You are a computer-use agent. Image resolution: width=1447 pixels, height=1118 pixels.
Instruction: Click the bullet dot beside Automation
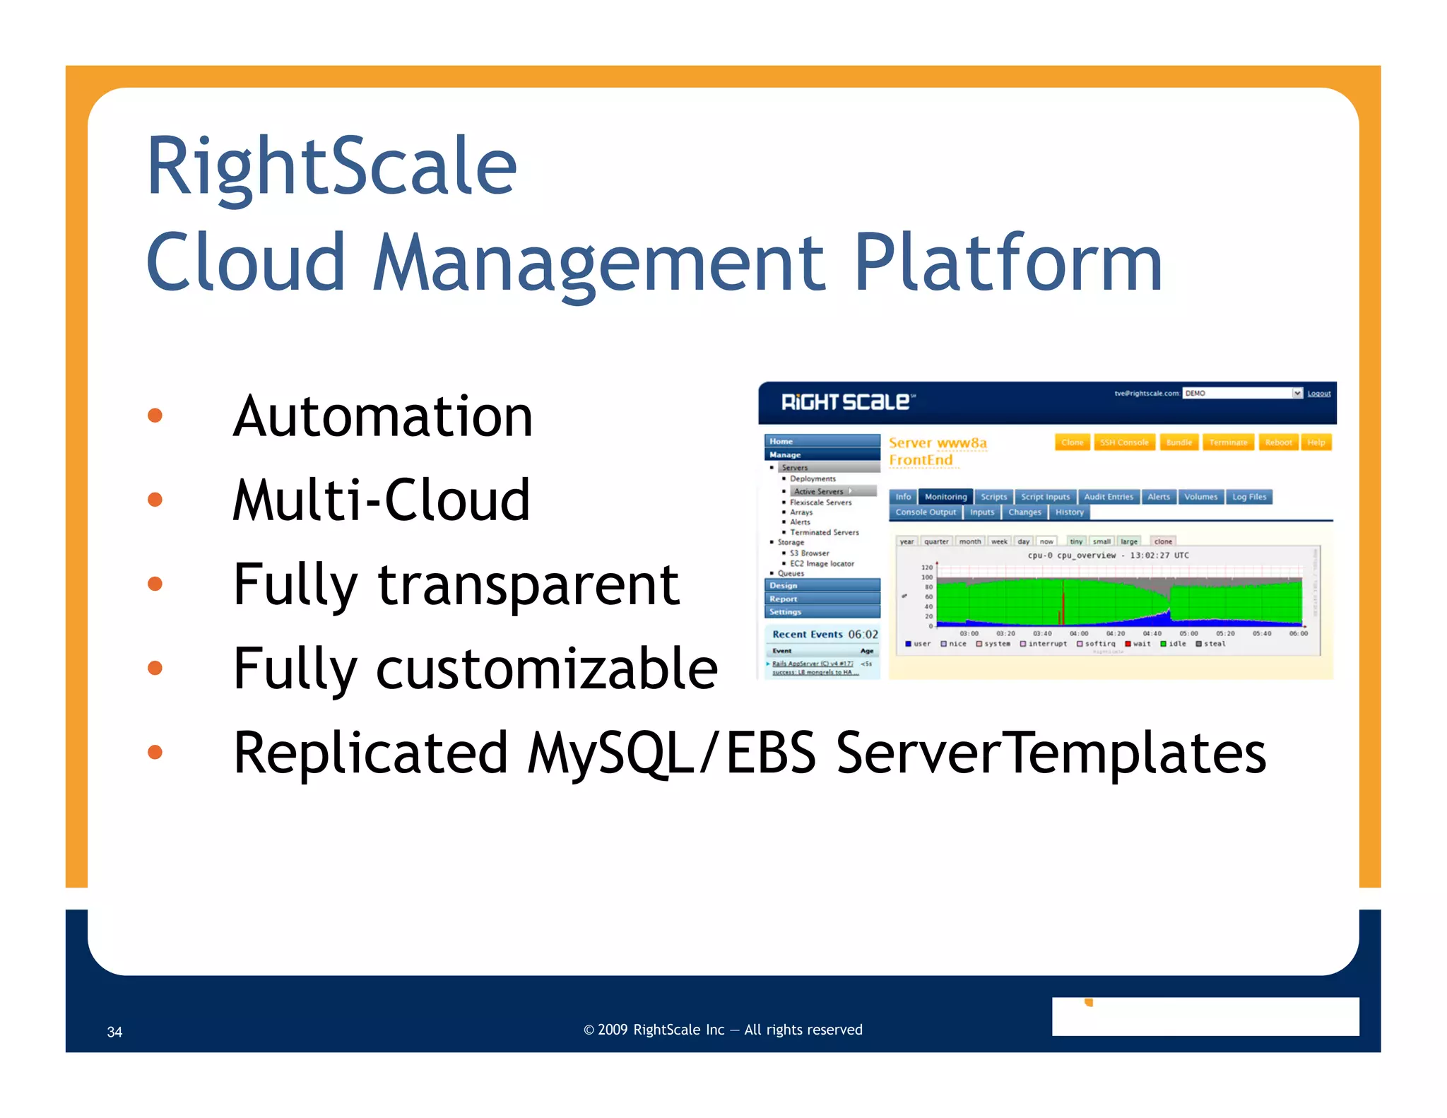pyautogui.click(x=155, y=416)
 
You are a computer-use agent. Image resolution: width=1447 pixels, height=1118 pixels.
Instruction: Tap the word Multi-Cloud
pyautogui.click(x=382, y=500)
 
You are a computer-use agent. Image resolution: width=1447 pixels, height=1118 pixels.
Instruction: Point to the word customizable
pyautogui.click(x=547, y=669)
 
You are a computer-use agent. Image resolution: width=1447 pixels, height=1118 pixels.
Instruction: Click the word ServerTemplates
pyautogui.click(x=1051, y=753)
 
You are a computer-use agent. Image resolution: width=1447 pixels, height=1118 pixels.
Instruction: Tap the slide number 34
pyautogui.click(x=114, y=1032)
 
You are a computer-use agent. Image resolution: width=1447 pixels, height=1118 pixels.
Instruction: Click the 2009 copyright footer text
pyautogui.click(x=723, y=1030)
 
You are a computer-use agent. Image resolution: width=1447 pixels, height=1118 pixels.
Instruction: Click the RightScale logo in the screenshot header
pyautogui.click(x=847, y=402)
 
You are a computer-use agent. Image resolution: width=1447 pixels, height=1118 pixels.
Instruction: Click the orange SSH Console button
pyautogui.click(x=1123, y=442)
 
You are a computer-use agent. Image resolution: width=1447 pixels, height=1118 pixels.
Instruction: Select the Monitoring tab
pyautogui.click(x=945, y=497)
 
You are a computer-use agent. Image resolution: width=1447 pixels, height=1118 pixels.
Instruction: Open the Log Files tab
pyautogui.click(x=1248, y=497)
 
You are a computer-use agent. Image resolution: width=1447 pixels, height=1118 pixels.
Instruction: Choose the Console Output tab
pyautogui.click(x=926, y=512)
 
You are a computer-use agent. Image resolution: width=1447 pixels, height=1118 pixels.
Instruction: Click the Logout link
pyautogui.click(x=1318, y=394)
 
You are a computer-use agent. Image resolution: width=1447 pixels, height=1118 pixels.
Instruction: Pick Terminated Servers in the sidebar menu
pyautogui.click(x=824, y=532)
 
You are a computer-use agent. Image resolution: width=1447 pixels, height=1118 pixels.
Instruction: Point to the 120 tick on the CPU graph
pyautogui.click(x=927, y=567)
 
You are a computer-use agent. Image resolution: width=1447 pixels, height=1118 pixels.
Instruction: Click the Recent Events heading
pyautogui.click(x=807, y=635)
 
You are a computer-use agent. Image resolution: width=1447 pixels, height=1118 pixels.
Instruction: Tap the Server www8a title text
pyautogui.click(x=938, y=443)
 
